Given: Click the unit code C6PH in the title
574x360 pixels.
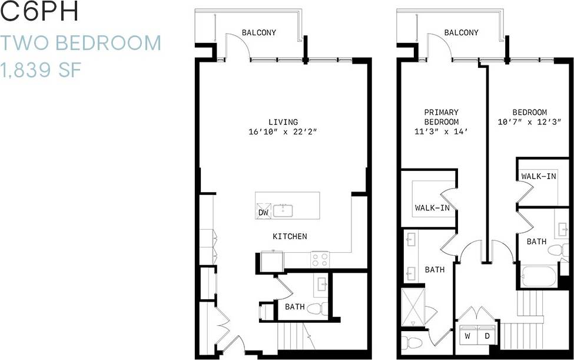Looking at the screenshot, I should tap(40, 13).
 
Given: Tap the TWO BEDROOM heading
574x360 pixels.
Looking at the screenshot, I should tap(81, 43).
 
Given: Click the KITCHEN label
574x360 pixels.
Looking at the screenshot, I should tap(290, 236).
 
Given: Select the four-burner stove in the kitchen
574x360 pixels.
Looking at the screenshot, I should tap(320, 259).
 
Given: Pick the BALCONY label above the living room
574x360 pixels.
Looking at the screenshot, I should tap(258, 33).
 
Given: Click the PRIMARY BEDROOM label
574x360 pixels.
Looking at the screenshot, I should tap(441, 117).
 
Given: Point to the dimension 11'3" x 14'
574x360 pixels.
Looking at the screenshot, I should tap(441, 133).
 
